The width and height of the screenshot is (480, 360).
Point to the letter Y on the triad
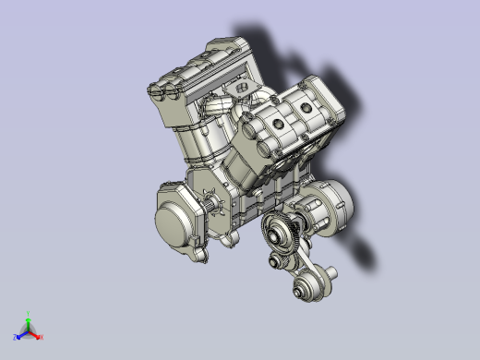coord(29,314)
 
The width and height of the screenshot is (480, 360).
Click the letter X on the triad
coord(42,338)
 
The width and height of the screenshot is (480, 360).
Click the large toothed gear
coord(282,232)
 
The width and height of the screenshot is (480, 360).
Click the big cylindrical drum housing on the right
coord(330,208)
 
